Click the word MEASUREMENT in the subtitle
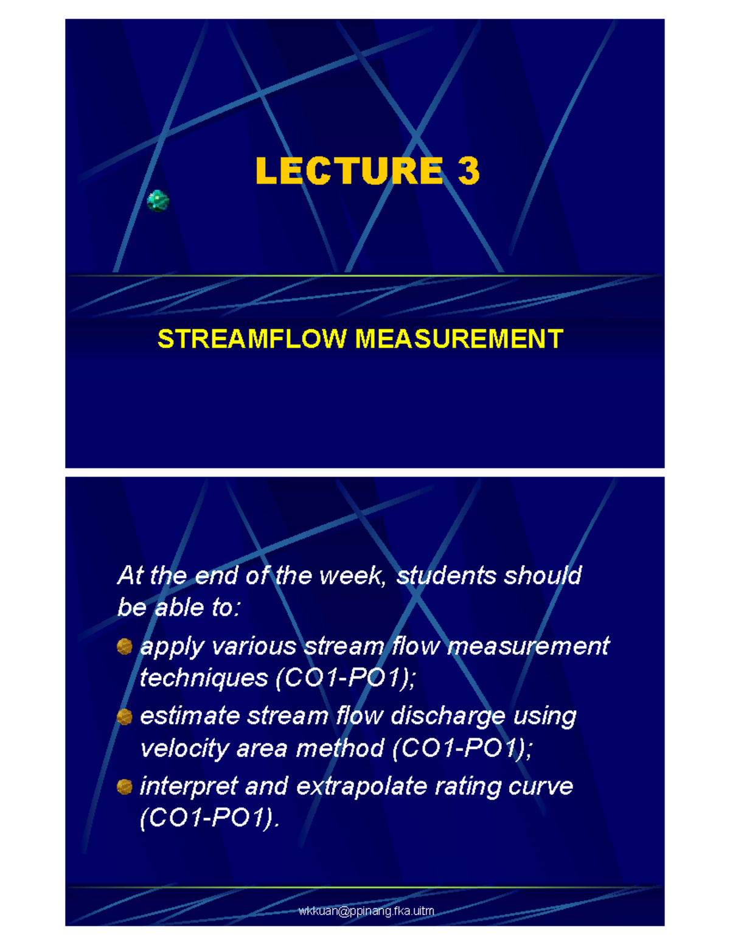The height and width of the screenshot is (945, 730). point(459,339)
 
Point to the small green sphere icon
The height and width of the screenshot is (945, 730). point(158,200)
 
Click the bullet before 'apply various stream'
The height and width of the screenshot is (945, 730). point(125,646)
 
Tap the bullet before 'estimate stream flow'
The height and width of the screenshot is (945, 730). point(125,717)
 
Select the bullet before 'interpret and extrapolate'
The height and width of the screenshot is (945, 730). point(125,787)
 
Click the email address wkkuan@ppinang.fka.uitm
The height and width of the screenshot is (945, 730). point(366,911)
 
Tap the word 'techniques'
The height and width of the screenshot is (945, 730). point(204,678)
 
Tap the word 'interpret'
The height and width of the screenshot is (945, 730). point(189,787)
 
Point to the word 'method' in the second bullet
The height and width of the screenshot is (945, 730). point(340,748)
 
